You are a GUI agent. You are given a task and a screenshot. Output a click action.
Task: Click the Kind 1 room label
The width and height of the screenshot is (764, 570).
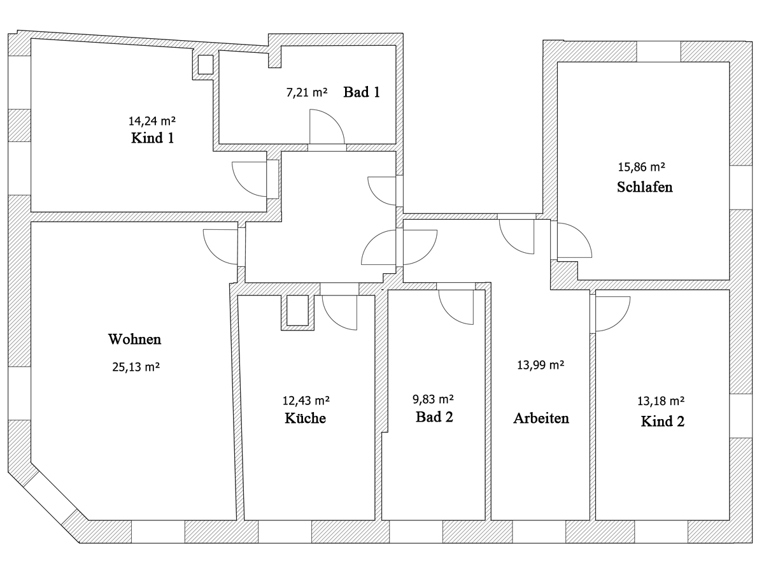click(x=152, y=138)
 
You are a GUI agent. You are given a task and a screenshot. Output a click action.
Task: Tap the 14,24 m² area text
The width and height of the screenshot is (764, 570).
click(x=152, y=121)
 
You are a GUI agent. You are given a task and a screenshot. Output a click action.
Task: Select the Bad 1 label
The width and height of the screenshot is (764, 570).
click(x=362, y=92)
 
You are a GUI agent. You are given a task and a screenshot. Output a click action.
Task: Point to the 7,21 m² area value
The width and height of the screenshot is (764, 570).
click(x=307, y=92)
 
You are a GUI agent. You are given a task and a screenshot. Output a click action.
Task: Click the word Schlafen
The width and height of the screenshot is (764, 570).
click(x=644, y=187)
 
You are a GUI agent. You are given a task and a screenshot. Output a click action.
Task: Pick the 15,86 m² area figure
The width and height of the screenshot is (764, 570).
click(x=642, y=167)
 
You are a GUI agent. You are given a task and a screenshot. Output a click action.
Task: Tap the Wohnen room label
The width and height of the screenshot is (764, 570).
click(x=135, y=339)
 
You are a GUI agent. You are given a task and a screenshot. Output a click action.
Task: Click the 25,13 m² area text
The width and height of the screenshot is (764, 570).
click(x=136, y=367)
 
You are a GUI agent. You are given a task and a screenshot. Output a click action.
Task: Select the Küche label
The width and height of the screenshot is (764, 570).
click(x=305, y=418)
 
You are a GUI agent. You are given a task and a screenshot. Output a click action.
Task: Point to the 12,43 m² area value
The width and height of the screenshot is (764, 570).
click(x=306, y=401)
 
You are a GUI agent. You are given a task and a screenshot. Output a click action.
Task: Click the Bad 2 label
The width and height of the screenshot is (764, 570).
click(x=434, y=417)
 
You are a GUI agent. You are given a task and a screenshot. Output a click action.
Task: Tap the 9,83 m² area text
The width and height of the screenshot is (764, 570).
click(x=433, y=399)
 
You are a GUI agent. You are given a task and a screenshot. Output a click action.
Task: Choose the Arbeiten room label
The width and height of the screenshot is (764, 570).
click(x=541, y=418)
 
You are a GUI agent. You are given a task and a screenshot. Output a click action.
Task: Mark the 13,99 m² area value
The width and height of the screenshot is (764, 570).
click(x=541, y=365)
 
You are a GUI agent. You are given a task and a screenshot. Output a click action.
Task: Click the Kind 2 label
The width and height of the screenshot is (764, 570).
click(x=663, y=422)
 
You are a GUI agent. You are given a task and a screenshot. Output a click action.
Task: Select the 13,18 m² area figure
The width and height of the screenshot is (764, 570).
click(x=661, y=401)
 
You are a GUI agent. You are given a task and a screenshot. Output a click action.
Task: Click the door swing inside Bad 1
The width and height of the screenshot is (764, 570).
click(x=335, y=119)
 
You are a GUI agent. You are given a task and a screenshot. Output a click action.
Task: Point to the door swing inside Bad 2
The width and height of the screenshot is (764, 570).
click(x=449, y=315)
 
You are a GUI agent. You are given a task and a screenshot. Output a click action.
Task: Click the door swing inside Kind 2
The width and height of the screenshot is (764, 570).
click(x=620, y=322)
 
